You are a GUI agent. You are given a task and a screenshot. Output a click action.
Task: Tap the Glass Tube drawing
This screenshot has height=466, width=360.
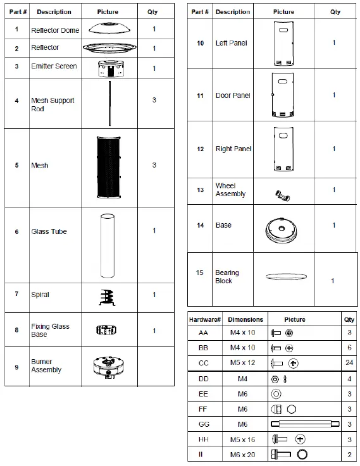(x=108, y=245)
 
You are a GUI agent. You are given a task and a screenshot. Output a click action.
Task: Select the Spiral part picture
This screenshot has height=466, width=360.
(x=108, y=296)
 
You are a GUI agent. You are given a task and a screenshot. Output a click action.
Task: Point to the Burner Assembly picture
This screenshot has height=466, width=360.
(x=108, y=367)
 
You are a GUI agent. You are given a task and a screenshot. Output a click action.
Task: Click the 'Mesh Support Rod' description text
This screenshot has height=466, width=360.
(x=53, y=104)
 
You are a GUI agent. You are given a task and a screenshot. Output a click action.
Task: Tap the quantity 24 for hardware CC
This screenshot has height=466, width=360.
(x=349, y=363)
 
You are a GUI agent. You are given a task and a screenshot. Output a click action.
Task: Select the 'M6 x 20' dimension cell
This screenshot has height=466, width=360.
(x=243, y=455)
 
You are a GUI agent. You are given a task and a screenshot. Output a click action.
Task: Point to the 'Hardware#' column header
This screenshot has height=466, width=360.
(x=204, y=319)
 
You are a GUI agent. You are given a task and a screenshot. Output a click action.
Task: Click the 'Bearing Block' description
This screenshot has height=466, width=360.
(x=227, y=277)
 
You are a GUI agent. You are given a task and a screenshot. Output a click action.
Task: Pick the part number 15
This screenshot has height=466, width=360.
(x=200, y=273)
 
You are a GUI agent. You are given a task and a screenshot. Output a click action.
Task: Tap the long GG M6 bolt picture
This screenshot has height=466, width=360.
(x=301, y=424)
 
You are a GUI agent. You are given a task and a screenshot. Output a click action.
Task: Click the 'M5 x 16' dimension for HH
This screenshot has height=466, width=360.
(x=243, y=439)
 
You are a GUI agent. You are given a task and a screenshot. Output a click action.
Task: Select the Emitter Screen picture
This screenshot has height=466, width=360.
(x=108, y=69)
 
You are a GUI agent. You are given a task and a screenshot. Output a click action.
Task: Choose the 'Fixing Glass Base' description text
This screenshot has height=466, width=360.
(x=50, y=330)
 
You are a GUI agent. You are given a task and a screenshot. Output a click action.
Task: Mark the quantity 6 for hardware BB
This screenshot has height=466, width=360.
(x=349, y=348)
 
